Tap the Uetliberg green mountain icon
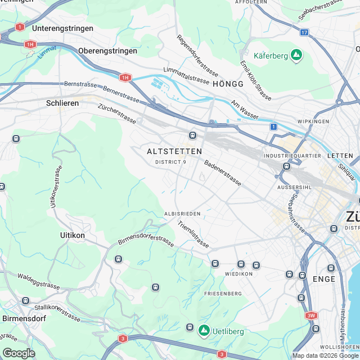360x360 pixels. pos(204,331)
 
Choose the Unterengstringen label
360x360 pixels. pos(61,28)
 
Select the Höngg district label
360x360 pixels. pos(228,84)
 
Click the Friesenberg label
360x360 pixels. pos(223,294)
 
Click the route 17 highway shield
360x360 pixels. pos(304,33)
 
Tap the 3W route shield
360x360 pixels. pos(312,316)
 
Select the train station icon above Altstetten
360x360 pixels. pos(192,135)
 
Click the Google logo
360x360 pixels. pos(19,353)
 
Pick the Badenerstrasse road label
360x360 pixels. pos(223,173)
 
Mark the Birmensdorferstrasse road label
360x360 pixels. pos(146,240)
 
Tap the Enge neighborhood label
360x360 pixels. pos(324,278)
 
